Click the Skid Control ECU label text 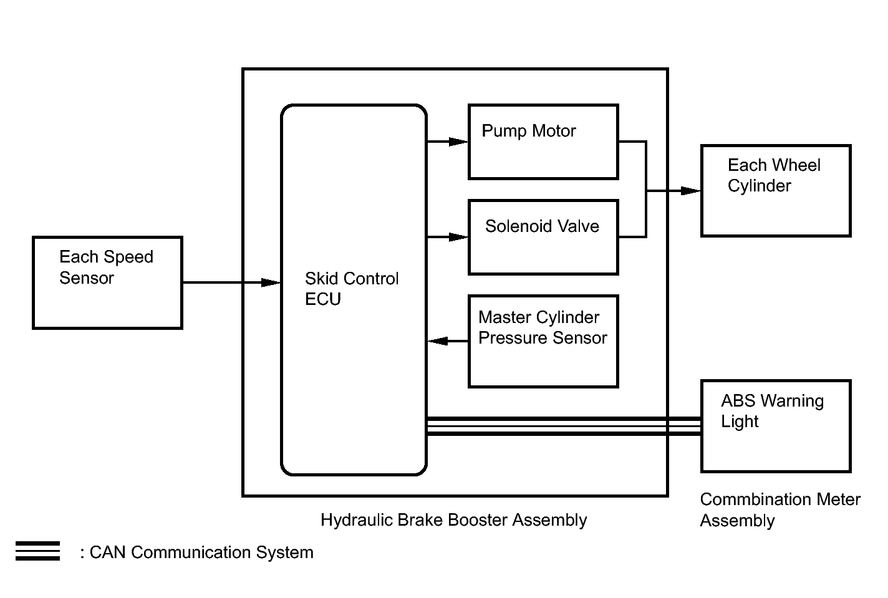coord(352,289)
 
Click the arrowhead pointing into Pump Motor coord(459,142)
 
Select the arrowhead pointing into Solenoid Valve coord(459,237)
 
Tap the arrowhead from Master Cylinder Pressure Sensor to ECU coord(438,341)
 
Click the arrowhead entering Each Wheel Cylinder coord(691,191)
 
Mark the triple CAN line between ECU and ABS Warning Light coord(561,426)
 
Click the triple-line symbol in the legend coord(37,551)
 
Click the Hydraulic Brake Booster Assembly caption coord(453,520)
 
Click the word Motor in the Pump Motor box coord(554,131)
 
